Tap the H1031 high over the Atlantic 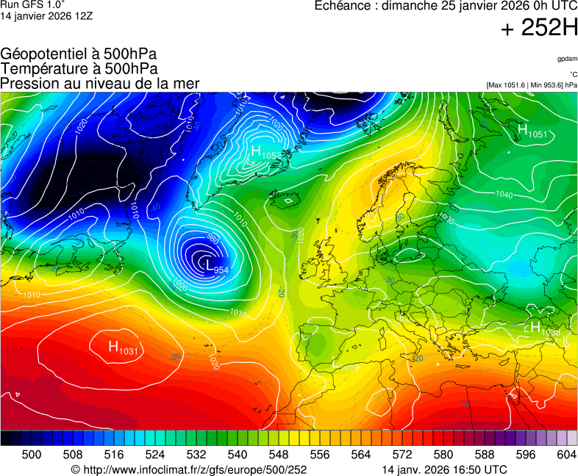[x=123, y=347]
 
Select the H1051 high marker [x=532, y=131]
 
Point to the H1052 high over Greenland [x=263, y=153]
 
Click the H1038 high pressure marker [x=544, y=328]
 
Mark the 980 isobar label [x=213, y=239]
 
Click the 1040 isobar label [x=504, y=195]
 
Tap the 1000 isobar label [x=180, y=284]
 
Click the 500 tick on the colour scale [x=32, y=455]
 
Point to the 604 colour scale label [x=565, y=455]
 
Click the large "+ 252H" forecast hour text [x=538, y=28]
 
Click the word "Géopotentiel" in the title [x=44, y=54]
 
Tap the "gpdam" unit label [x=567, y=59]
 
